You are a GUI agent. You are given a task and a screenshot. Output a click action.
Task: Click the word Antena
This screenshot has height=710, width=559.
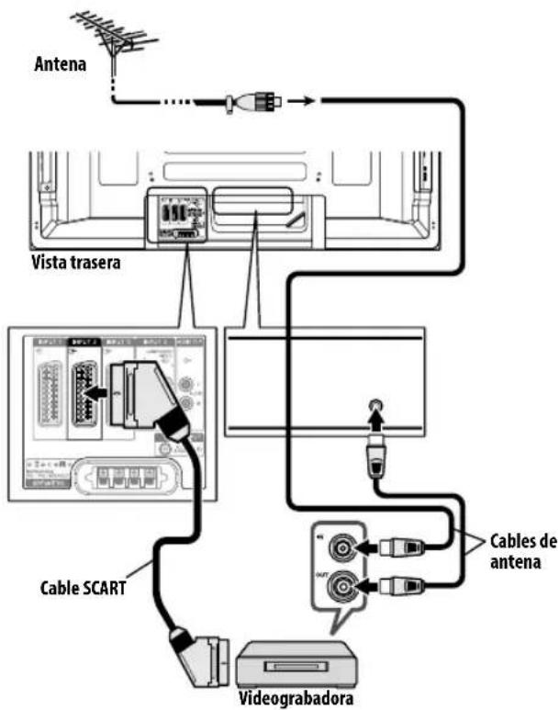[59, 65]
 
